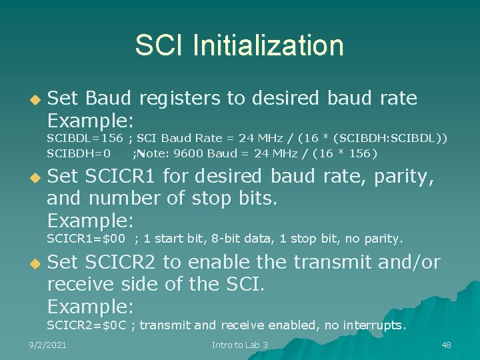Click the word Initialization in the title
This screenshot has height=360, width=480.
pos(268,45)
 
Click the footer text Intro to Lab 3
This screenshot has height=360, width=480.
pos(239,345)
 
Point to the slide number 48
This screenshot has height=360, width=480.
pos(446,345)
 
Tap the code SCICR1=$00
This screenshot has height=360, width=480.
pos(86,238)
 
